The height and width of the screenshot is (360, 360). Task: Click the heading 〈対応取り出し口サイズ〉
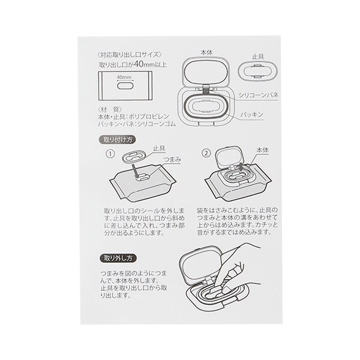(x=130, y=55)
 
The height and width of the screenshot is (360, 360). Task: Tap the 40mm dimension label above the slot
(x=124, y=77)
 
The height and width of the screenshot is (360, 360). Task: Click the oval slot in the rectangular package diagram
(x=125, y=86)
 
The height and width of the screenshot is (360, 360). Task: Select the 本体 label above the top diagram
(x=206, y=53)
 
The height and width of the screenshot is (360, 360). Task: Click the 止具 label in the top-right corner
(x=258, y=56)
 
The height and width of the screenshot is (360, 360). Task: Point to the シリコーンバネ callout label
(x=258, y=95)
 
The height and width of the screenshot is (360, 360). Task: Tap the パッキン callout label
(x=252, y=115)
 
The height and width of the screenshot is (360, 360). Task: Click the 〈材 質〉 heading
(x=110, y=109)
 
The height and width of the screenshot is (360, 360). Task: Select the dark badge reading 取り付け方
(x=117, y=140)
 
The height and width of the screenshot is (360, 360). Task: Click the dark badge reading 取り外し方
(x=118, y=258)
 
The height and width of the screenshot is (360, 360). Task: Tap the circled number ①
(x=110, y=154)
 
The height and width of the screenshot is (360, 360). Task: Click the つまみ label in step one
(x=172, y=160)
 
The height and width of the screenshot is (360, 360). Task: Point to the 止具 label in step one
(x=159, y=149)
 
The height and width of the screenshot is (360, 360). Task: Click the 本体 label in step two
(x=262, y=151)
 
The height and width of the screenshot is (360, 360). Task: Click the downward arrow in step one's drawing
(x=135, y=170)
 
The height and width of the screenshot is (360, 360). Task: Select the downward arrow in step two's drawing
(x=241, y=167)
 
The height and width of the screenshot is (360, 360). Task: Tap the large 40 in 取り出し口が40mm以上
(x=139, y=64)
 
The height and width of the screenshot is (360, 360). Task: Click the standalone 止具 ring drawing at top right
(x=257, y=71)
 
